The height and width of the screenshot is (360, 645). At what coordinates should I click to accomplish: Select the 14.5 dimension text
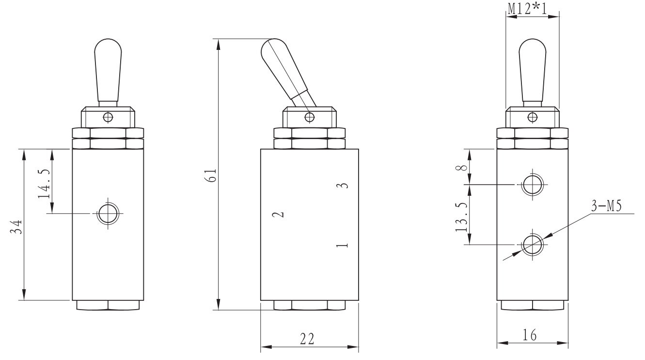pyautogui.click(x=44, y=184)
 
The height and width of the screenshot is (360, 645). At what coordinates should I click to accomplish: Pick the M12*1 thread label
pyautogui.click(x=531, y=7)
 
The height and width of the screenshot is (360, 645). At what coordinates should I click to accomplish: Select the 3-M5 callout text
pyautogui.click(x=606, y=206)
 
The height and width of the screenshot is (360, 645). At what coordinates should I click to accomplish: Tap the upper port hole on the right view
pyautogui.click(x=532, y=185)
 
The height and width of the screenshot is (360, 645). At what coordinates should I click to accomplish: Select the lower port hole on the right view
pyautogui.click(x=532, y=244)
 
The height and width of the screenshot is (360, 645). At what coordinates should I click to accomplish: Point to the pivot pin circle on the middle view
pyautogui.click(x=309, y=116)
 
